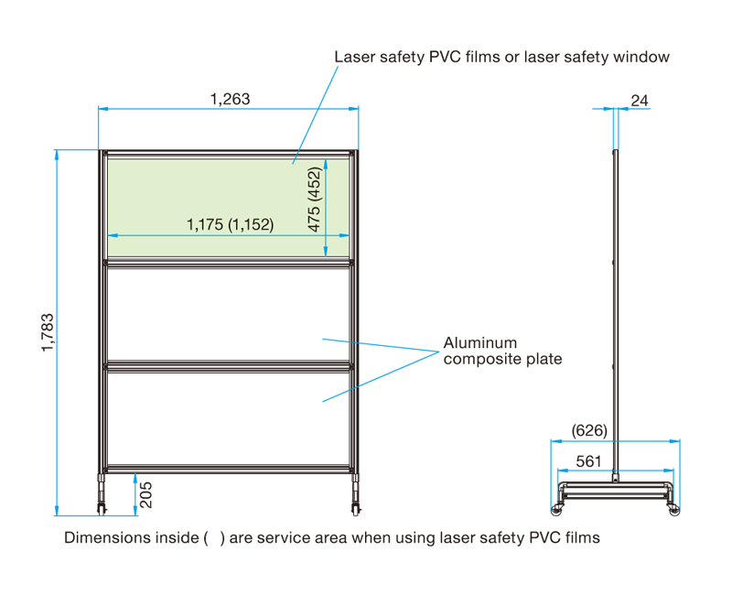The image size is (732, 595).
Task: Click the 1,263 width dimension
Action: click(229, 99)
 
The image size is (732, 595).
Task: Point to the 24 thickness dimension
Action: click(640, 100)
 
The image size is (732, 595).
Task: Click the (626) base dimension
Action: click(589, 430)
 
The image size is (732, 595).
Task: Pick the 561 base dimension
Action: click(588, 462)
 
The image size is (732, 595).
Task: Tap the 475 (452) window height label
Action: click(314, 199)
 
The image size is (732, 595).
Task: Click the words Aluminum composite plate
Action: click(502, 351)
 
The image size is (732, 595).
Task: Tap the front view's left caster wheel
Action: click(101, 505)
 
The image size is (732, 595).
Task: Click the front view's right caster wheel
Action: click(353, 505)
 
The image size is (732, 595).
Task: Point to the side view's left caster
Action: click(556, 505)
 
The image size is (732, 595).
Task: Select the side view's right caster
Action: click(673, 505)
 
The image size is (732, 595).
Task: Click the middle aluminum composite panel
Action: click(229, 313)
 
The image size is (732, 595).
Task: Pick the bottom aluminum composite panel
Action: click(229, 416)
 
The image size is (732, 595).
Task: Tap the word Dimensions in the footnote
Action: click(102, 537)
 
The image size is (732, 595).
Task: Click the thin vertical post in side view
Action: click(615, 311)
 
